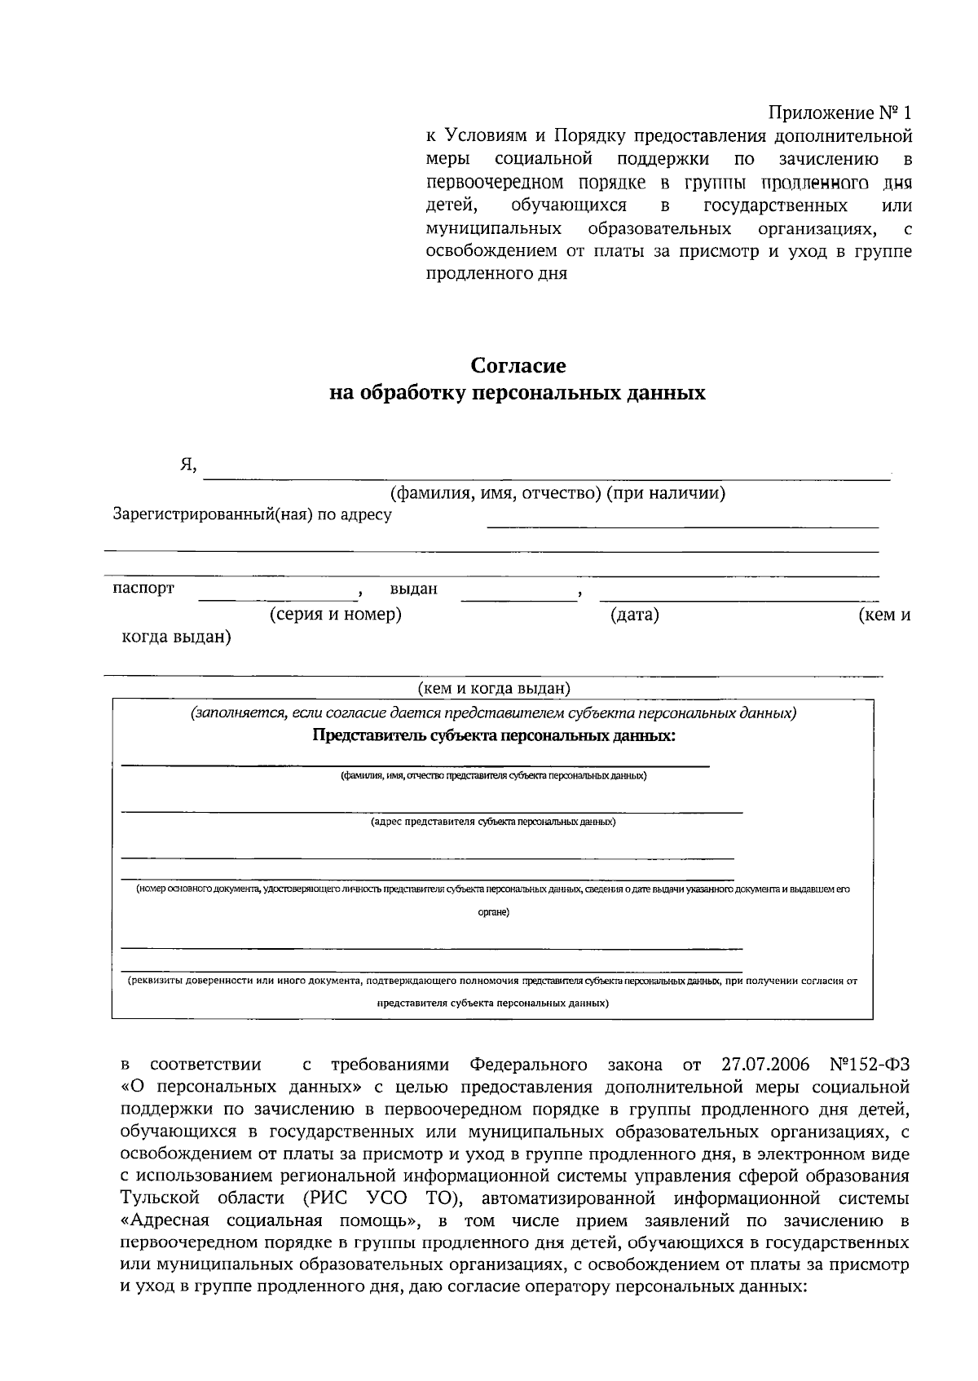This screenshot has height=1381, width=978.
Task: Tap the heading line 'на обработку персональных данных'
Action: tap(517, 394)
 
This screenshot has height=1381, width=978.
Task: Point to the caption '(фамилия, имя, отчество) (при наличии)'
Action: tap(557, 493)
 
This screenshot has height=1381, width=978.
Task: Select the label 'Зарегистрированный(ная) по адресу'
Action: tap(252, 514)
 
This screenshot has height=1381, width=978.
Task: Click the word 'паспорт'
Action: tap(143, 589)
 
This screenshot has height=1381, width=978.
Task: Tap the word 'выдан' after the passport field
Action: tap(413, 589)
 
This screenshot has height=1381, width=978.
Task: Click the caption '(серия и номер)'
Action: tap(336, 615)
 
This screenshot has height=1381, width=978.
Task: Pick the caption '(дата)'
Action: tap(635, 615)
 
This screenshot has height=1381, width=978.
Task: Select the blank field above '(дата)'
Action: tap(518, 593)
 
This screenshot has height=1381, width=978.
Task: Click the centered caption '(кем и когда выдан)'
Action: tap(494, 689)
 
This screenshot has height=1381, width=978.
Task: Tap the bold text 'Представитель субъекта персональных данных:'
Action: tap(494, 736)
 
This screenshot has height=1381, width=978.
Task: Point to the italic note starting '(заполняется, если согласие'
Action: tap(494, 713)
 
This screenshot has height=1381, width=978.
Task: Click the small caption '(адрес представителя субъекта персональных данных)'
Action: tap(494, 822)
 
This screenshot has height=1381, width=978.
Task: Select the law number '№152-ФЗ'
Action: tap(869, 1065)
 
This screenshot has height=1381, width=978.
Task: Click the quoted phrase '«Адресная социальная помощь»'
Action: tap(269, 1221)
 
